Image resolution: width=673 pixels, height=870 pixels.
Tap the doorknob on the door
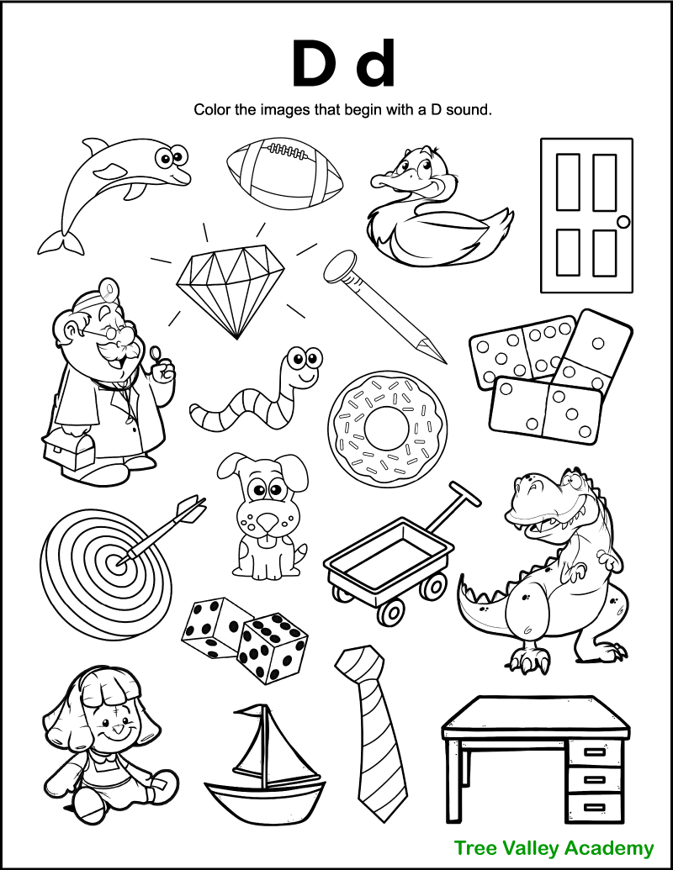[623, 221]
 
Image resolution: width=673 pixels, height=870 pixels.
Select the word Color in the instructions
[212, 109]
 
